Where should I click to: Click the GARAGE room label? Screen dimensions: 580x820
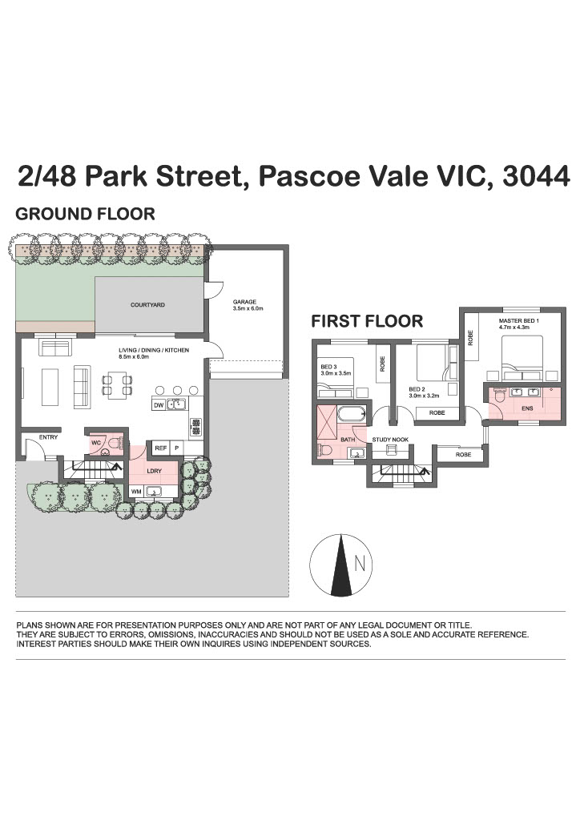click(244, 302)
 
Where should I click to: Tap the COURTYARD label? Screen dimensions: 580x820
click(147, 305)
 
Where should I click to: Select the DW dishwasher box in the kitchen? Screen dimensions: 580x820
click(159, 404)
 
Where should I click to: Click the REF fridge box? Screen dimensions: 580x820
click(160, 448)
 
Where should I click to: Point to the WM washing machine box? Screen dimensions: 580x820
click(136, 492)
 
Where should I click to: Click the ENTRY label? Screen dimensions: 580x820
click(48, 437)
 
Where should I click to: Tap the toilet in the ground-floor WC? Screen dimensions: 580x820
click(115, 444)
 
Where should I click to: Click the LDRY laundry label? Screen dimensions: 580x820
click(155, 471)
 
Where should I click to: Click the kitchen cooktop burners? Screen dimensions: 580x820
click(196, 426)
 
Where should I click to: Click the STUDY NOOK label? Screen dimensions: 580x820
click(390, 440)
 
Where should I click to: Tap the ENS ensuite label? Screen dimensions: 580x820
click(527, 408)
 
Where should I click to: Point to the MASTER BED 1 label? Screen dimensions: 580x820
click(519, 320)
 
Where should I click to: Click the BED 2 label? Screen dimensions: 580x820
click(416, 389)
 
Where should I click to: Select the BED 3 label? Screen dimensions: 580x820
click(328, 367)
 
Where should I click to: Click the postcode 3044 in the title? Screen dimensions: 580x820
click(536, 176)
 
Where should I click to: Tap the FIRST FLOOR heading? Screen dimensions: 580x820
click(367, 321)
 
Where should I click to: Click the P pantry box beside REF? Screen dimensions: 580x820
click(177, 448)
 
